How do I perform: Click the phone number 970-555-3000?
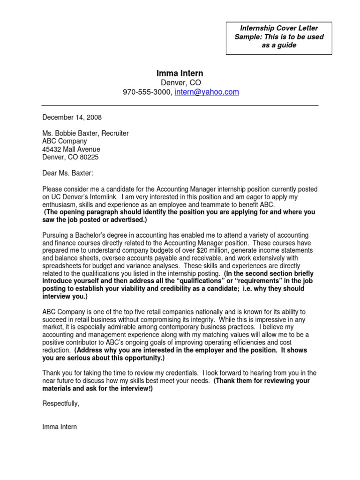tap(147, 92)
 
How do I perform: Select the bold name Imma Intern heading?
tap(180, 73)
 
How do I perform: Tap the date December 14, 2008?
tap(72, 117)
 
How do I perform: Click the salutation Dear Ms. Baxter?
tap(68, 173)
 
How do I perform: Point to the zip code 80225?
tap(89, 157)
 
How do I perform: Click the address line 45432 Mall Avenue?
tap(71, 149)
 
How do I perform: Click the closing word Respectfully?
tap(61, 404)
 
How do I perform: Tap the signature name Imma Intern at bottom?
tap(60, 427)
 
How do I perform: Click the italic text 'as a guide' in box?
tap(279, 45)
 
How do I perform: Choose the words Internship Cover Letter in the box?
tap(279, 28)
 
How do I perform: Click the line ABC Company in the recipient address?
tap(65, 141)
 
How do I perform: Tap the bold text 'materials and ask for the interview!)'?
tap(97, 389)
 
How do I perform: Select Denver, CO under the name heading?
tap(181, 82)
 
